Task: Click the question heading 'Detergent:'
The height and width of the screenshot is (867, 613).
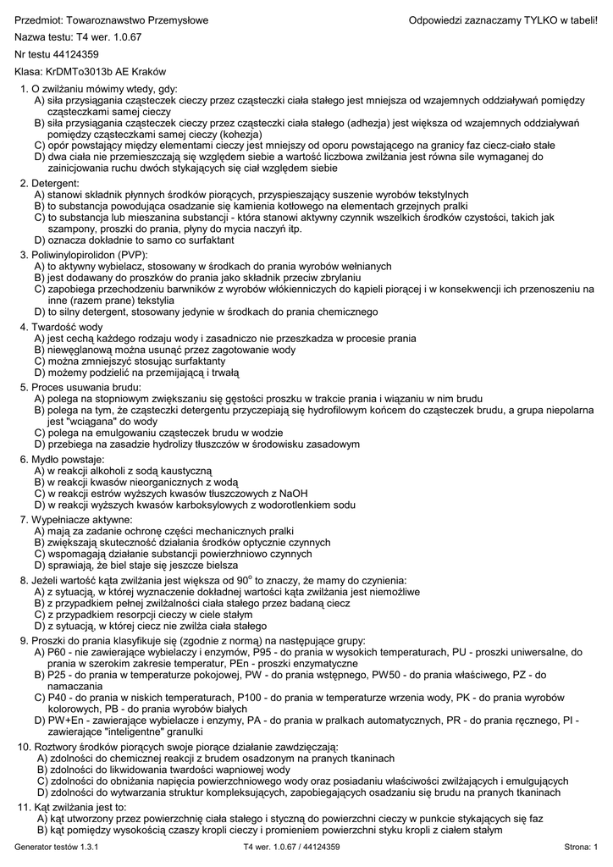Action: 55,183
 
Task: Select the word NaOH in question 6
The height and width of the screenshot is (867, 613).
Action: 293,493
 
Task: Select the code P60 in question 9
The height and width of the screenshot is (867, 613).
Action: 58,653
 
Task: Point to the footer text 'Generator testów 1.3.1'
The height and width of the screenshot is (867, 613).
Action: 58,847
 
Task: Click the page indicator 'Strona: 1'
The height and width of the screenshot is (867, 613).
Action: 581,847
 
